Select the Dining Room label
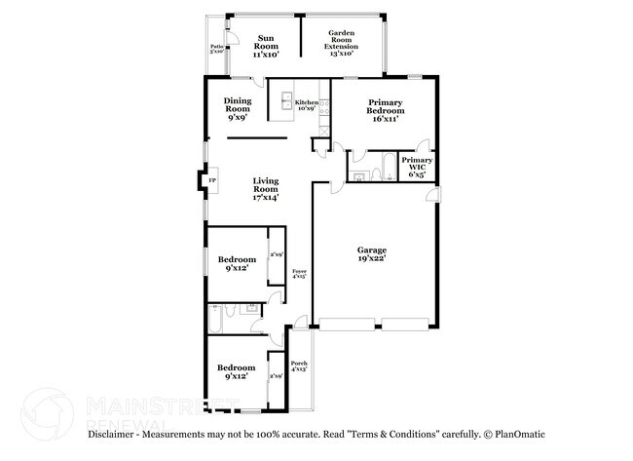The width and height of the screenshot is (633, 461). click(237, 108)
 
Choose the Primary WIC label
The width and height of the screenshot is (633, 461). click(417, 167)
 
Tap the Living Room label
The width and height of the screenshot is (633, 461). click(266, 189)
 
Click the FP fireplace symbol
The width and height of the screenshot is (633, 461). click(211, 180)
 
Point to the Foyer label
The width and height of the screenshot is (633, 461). click(300, 275)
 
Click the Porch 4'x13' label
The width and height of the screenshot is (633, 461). click(299, 366)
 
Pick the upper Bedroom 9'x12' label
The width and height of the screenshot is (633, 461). click(238, 263)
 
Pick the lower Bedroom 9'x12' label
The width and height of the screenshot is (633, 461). click(236, 371)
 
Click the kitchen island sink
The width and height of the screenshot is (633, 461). click(287, 100)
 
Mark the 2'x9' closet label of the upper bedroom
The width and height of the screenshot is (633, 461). click(276, 255)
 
